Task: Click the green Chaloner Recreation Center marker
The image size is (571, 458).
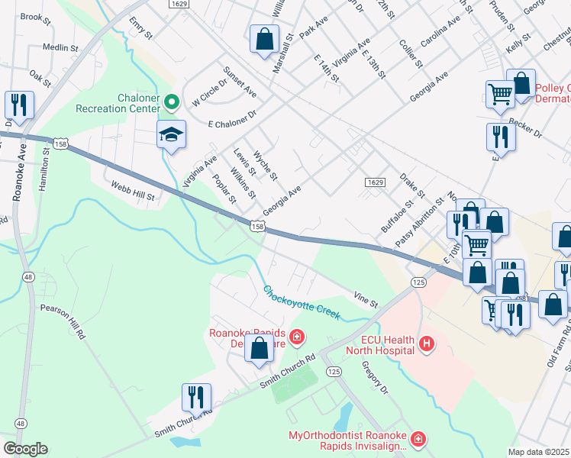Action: pyautogui.click(x=172, y=101)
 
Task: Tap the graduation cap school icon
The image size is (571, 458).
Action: pyautogui.click(x=172, y=134)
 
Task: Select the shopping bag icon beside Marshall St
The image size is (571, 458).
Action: pyautogui.click(x=263, y=39)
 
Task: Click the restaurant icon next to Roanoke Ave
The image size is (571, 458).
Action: pyautogui.click(x=18, y=105)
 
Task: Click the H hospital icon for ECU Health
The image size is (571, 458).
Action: pyautogui.click(x=426, y=345)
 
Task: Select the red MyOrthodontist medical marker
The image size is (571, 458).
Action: pyautogui.click(x=417, y=439)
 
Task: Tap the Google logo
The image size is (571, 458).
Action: pyautogui.click(x=25, y=448)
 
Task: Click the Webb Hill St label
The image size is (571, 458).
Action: pyautogui.click(x=133, y=191)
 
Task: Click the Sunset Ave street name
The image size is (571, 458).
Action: pyautogui.click(x=240, y=82)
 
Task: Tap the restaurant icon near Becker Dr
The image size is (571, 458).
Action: pyautogui.click(x=501, y=137)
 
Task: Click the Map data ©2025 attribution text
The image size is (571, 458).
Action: pyautogui.click(x=538, y=452)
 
